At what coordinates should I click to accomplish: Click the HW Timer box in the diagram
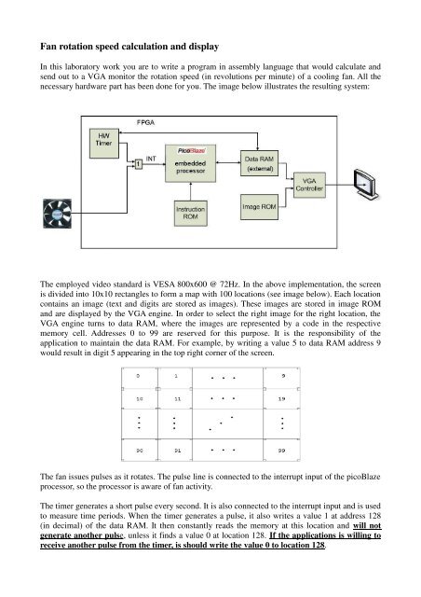point(103,143)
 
